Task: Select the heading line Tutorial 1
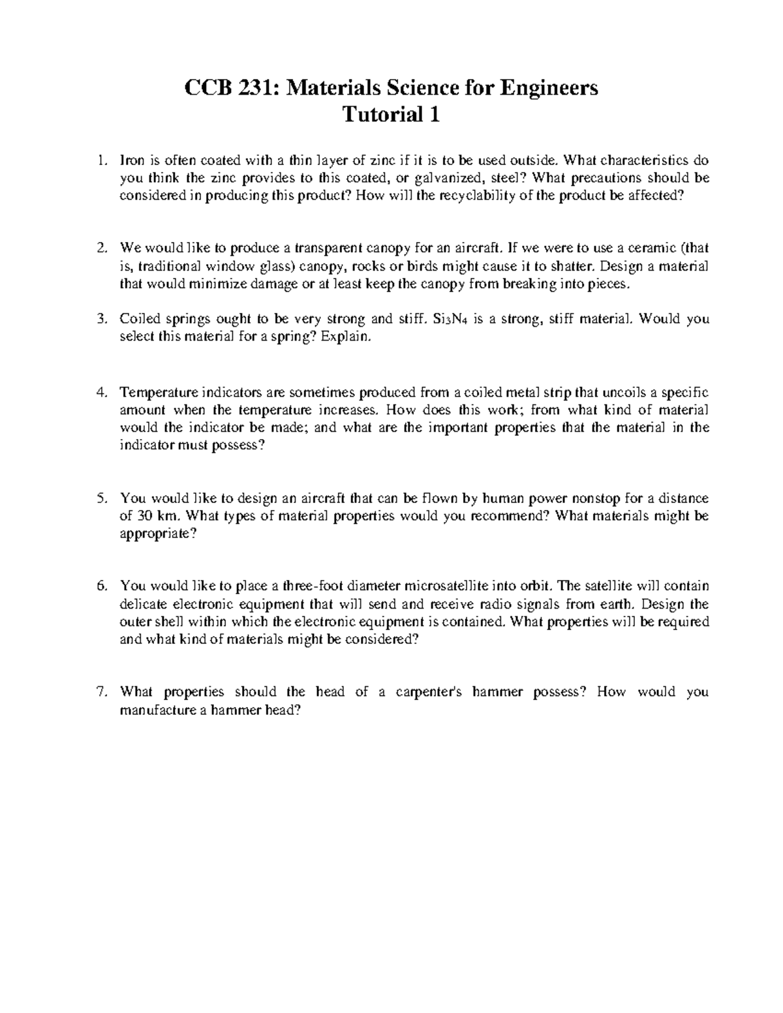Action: pos(391,115)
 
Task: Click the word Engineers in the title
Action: pos(555,87)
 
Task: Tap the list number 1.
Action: pos(100,160)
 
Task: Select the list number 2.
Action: pos(100,248)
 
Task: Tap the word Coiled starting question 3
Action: pos(139,320)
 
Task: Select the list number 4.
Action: pos(100,393)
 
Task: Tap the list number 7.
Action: pos(100,692)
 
